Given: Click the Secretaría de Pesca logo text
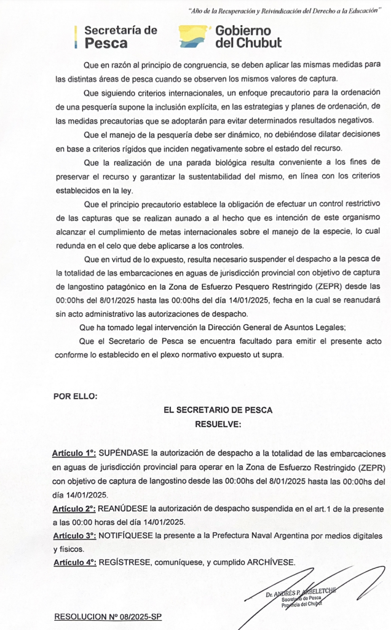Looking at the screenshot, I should pos(120,37).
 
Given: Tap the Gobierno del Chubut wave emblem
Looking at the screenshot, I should pos(194,37).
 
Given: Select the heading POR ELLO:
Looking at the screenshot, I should pos(75,396).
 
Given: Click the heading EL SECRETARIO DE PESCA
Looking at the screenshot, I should pos(218,410).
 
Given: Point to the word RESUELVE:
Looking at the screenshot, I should pos(218,424).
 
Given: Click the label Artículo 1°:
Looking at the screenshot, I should pos(74,453).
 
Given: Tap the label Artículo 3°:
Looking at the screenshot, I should pos(74,536).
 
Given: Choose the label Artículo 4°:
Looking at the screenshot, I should pos(74,562).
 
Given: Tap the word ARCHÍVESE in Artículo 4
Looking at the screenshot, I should pos(272,562).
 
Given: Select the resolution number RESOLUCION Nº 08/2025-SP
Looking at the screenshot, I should pos(108,616).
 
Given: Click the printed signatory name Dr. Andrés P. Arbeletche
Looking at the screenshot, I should pos(299,594).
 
